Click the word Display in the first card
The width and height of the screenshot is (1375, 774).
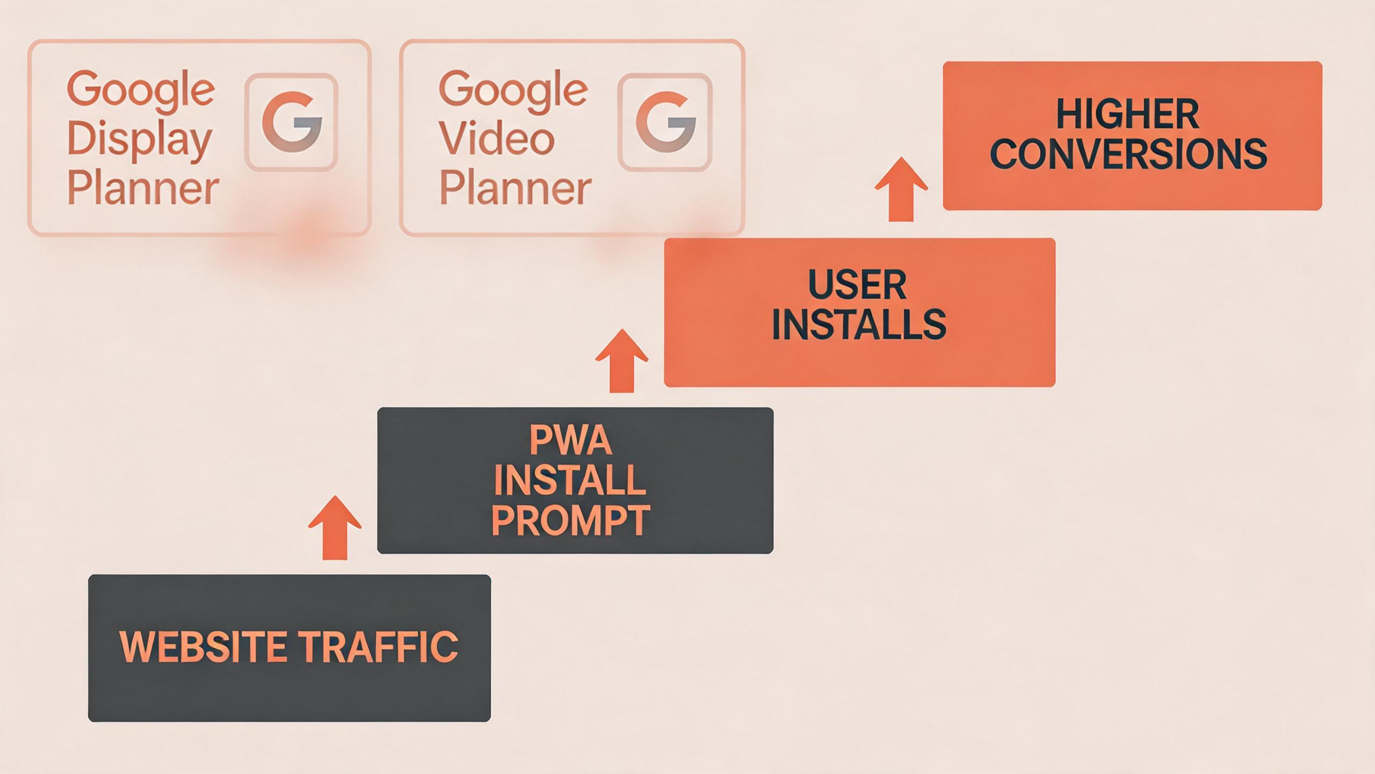(140, 140)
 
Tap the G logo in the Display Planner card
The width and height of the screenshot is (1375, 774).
(292, 122)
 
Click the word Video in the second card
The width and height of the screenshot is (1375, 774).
(496, 139)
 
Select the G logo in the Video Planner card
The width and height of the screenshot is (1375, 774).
(665, 122)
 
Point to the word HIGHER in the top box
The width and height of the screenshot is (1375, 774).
(1127, 114)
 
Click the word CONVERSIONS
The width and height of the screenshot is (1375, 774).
(1128, 154)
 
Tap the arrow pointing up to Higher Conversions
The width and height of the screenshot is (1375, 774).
(901, 189)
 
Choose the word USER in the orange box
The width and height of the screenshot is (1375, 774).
(857, 285)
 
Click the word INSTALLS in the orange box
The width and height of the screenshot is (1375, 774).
(859, 324)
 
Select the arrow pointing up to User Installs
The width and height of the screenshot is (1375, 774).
(622, 361)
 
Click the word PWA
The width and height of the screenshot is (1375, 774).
(570, 441)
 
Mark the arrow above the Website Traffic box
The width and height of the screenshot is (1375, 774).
(335, 528)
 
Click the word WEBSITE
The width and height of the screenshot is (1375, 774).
(202, 647)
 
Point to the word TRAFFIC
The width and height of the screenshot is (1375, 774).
(378, 647)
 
